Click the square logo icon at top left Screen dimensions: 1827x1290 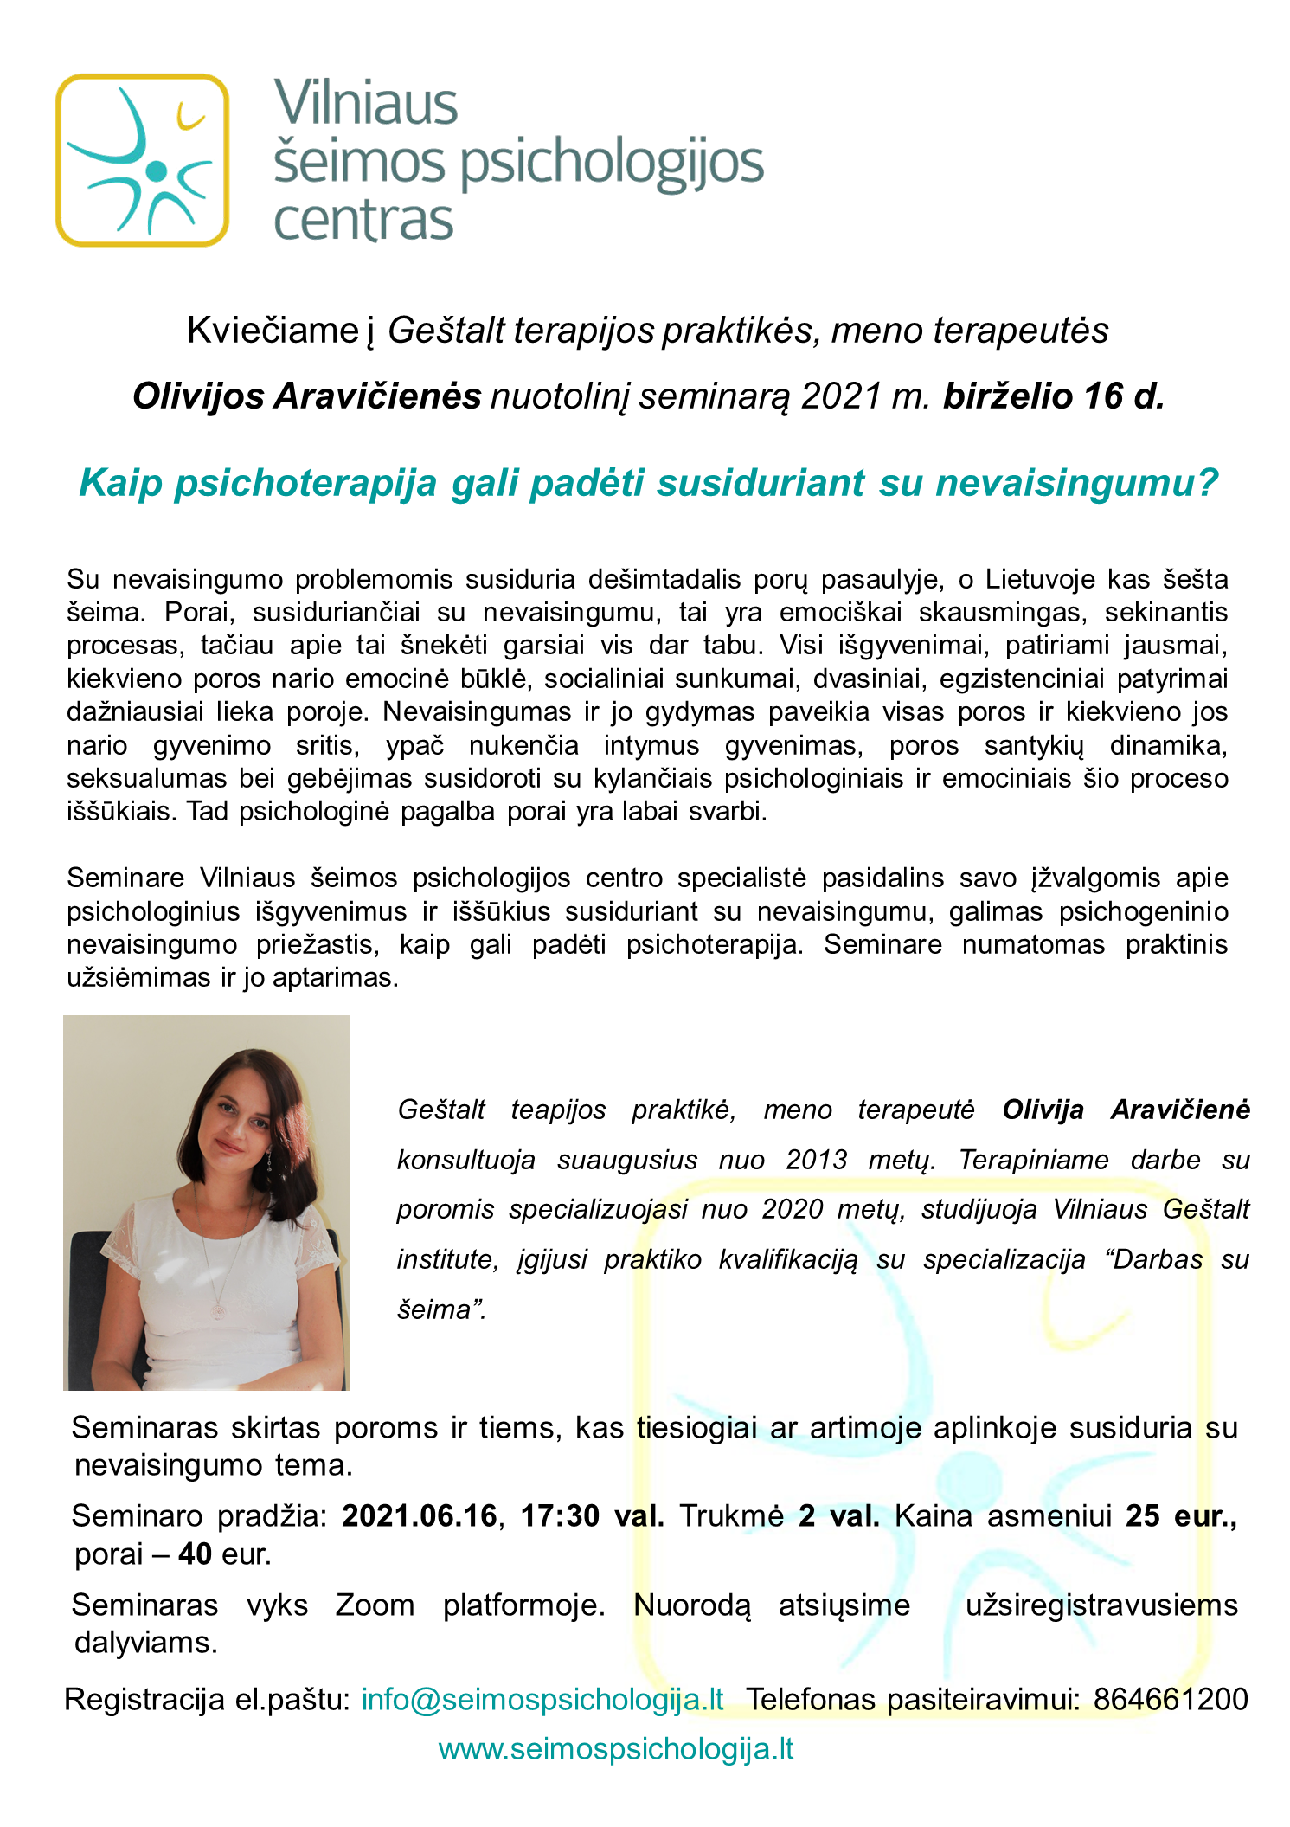click(x=142, y=160)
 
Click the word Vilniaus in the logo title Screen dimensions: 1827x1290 click(x=365, y=104)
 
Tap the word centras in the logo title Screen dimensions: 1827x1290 click(x=363, y=221)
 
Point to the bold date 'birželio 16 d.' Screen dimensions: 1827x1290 click(x=1053, y=396)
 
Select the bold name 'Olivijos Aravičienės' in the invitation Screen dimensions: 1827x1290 click(x=306, y=396)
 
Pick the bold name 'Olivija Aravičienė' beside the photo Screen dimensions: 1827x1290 click(x=1126, y=1110)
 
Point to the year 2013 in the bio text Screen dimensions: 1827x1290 click(x=816, y=1160)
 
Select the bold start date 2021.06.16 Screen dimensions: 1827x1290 click(x=420, y=1515)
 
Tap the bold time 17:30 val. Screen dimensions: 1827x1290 click(x=592, y=1515)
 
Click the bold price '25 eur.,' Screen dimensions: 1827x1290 click(x=1181, y=1515)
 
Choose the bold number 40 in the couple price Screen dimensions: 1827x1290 click(x=196, y=1554)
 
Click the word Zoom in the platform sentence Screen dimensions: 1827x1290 click(x=375, y=1605)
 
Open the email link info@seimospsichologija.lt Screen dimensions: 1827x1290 click(x=542, y=1699)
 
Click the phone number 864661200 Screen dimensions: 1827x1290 click(x=1170, y=1699)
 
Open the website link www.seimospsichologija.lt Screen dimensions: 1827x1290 click(x=616, y=1748)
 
